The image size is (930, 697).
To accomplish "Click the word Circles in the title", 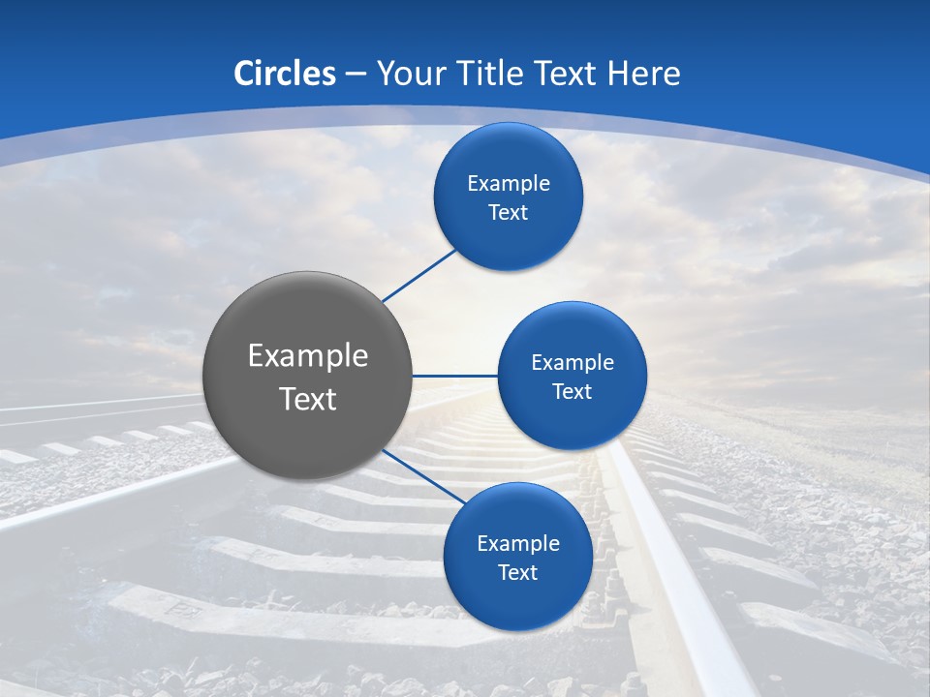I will tap(284, 74).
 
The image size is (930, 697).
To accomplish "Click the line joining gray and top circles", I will tap(418, 275).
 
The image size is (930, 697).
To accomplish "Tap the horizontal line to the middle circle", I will tap(454, 376).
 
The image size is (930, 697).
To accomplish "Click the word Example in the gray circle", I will tap(308, 356).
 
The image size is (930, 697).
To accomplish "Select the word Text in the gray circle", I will tap(308, 399).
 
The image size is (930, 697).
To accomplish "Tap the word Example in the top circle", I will tap(509, 184).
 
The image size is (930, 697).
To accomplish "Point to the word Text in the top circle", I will tap(508, 213).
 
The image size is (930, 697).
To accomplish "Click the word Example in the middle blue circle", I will tap(573, 363).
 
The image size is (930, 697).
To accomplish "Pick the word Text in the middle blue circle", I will tap(572, 392).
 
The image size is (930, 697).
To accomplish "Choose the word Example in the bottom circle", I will tap(518, 544).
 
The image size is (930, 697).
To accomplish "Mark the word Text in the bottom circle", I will tap(517, 573).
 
